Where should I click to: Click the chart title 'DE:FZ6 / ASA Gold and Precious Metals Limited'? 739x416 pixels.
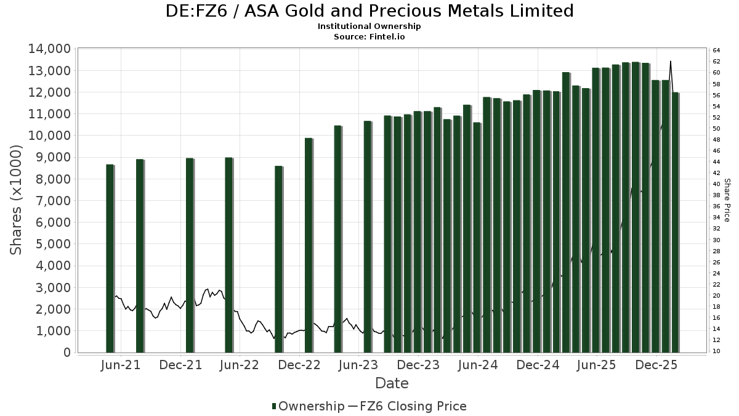[369, 11]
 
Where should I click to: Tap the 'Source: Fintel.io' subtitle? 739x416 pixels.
[369, 36]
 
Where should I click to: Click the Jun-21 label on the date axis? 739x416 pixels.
[121, 365]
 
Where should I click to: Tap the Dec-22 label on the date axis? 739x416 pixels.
[299, 365]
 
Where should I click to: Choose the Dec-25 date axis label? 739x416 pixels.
[656, 365]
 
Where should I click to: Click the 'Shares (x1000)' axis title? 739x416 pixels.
[17, 200]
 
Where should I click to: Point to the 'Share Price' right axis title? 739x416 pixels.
[727, 200]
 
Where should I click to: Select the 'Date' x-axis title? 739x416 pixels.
[392, 383]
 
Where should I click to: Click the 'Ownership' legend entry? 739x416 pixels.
[308, 406]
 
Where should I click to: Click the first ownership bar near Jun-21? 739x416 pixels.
[110, 259]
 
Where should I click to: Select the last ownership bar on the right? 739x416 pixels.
[675, 222]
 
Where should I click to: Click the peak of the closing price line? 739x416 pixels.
[670, 61]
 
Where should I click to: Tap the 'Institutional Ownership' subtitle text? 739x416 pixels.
[369, 27]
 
